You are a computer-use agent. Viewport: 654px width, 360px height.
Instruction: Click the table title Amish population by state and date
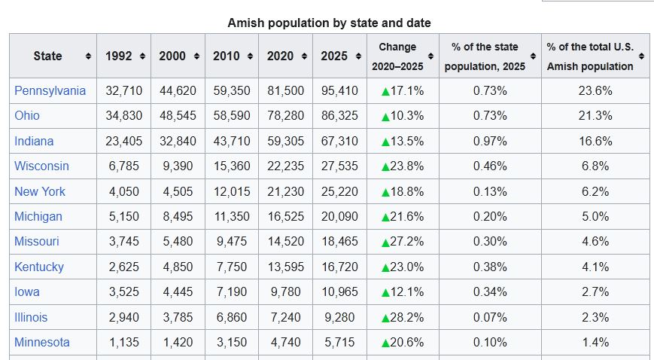329,23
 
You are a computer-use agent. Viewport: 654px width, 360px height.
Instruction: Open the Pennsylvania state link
50,90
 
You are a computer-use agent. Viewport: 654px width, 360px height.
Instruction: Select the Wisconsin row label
41,166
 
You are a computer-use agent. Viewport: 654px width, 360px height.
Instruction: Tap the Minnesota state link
41,342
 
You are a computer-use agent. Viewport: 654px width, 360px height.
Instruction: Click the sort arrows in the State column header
88,56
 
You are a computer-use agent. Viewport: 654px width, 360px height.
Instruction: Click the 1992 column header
118,56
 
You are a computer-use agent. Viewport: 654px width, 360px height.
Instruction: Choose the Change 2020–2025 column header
397,56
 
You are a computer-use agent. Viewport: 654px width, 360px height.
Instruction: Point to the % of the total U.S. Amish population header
590,56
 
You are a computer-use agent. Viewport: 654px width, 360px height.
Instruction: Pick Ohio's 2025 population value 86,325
339,115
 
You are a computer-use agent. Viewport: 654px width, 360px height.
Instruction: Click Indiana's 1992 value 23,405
123,141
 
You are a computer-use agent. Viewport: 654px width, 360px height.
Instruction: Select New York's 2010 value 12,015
231,191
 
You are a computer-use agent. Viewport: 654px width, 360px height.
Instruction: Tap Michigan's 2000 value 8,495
178,216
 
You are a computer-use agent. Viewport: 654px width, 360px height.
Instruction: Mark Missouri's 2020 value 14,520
285,241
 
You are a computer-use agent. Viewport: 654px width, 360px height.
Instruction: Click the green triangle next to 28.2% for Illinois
385,317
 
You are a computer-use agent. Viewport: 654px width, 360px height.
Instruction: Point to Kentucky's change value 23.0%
406,267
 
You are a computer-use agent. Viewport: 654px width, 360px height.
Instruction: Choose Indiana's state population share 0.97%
490,141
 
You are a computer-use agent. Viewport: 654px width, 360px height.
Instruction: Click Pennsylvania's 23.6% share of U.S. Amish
595,90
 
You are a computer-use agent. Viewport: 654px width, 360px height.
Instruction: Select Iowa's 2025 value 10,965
339,291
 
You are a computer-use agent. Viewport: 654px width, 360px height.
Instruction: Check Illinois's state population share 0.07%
490,317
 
